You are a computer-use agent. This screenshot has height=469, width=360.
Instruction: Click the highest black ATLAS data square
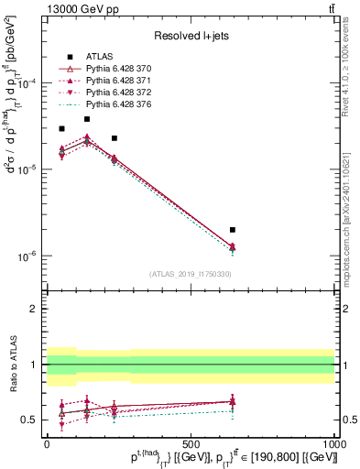click(x=87, y=119)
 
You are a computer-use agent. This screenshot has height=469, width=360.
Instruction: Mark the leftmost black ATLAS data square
click(x=61, y=129)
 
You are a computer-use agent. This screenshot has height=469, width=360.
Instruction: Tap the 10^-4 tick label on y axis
click(x=24, y=83)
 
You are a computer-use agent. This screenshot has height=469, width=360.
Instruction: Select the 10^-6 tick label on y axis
click(x=24, y=256)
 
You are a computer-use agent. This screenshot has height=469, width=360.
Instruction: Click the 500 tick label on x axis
click(x=191, y=442)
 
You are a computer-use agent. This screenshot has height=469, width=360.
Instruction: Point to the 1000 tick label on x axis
click(x=334, y=442)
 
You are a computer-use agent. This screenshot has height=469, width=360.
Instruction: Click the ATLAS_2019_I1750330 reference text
click(x=190, y=274)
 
